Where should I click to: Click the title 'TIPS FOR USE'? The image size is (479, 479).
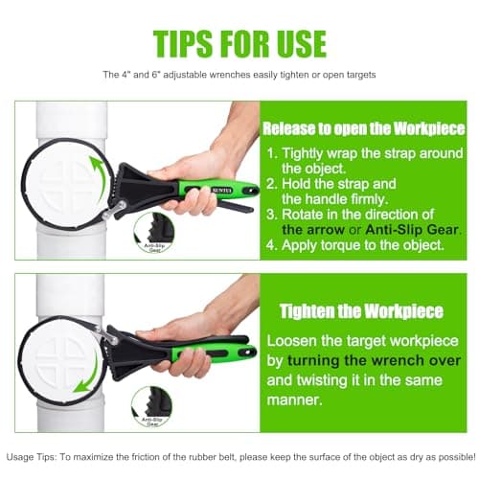pos(239,42)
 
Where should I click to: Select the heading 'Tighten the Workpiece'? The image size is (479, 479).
pos(361,311)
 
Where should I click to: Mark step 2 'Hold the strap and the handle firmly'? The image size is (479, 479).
pos(355,195)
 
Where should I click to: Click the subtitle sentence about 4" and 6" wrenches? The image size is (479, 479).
pos(239,75)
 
